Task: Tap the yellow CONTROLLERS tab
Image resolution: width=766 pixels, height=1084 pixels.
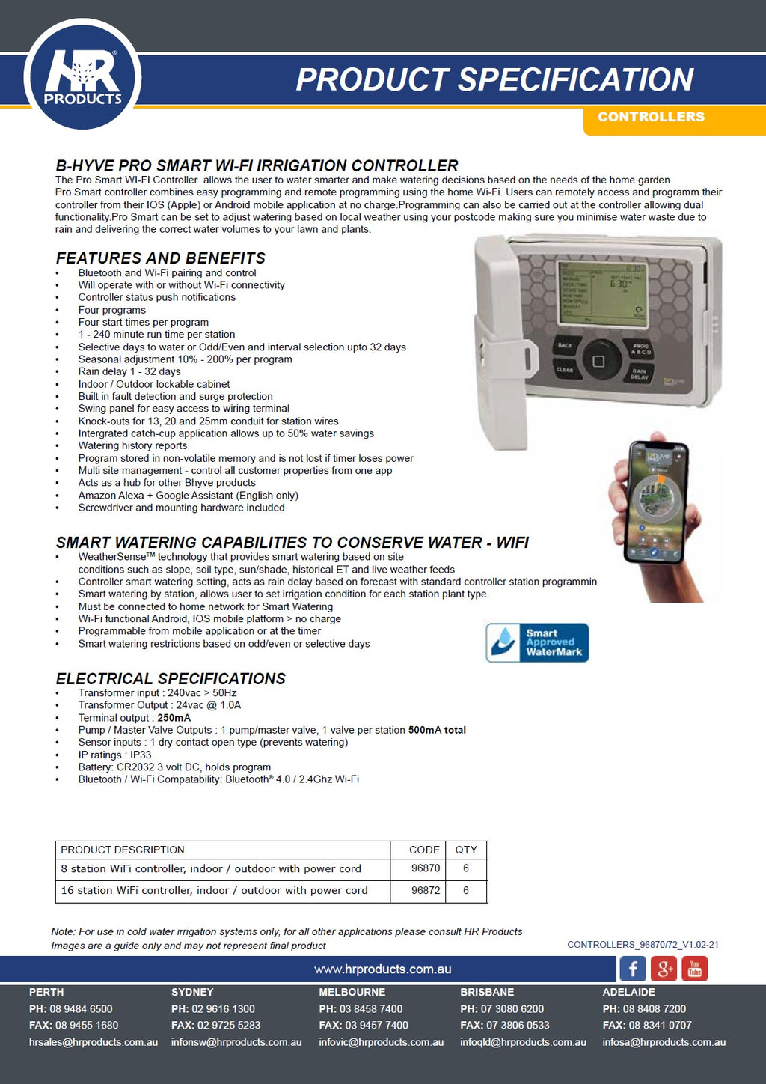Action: (x=651, y=117)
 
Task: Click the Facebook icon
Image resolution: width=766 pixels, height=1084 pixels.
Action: (x=633, y=969)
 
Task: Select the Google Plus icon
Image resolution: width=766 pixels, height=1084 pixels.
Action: (x=664, y=969)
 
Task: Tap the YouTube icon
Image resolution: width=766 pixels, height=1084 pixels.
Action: (x=694, y=969)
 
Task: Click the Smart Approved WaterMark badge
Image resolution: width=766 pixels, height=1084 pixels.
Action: (x=537, y=642)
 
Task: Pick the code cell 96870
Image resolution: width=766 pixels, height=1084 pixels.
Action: (x=426, y=868)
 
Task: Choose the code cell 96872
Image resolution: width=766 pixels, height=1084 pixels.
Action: (x=426, y=890)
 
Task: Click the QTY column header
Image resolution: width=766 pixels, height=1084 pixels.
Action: (x=466, y=850)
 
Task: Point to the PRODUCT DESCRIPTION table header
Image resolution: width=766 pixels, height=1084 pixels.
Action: (x=123, y=850)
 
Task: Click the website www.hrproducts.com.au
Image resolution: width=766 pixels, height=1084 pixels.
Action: (x=382, y=969)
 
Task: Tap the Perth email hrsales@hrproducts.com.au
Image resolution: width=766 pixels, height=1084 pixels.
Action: (x=94, y=1042)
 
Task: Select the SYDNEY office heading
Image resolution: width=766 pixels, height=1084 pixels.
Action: (x=192, y=992)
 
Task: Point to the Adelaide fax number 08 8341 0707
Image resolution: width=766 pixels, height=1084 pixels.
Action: (x=660, y=1025)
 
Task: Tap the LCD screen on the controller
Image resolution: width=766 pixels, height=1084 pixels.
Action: (x=603, y=293)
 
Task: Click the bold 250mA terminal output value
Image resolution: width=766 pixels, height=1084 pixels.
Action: (x=174, y=718)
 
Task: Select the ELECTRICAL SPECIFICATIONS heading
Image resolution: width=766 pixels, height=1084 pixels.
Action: (x=171, y=678)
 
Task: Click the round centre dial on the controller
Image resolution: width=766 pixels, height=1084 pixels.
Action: (x=598, y=362)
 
